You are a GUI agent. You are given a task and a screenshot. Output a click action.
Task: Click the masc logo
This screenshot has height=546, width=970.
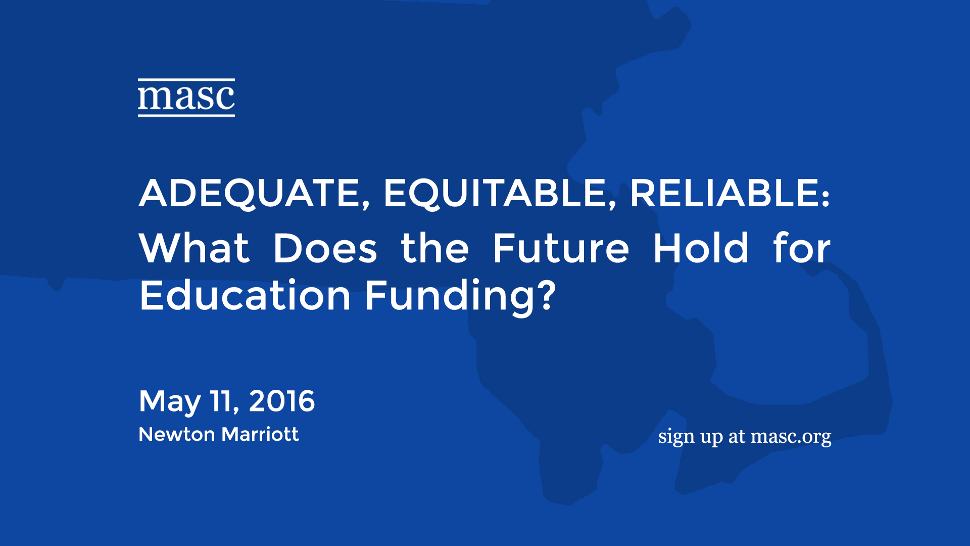(x=186, y=98)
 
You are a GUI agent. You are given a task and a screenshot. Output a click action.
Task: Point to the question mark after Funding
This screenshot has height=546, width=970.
(x=547, y=294)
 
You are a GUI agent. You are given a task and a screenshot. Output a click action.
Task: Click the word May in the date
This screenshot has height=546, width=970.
(x=170, y=402)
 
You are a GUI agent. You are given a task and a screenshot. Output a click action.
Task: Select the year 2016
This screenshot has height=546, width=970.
(x=282, y=401)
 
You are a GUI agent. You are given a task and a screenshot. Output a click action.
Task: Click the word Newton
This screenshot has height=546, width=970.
(x=177, y=434)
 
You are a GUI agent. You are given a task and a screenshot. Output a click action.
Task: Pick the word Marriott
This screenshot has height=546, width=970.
(x=260, y=434)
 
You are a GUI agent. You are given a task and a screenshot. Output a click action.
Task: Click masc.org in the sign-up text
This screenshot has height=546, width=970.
(x=791, y=437)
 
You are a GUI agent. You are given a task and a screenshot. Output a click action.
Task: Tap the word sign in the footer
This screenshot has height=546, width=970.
(x=676, y=437)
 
